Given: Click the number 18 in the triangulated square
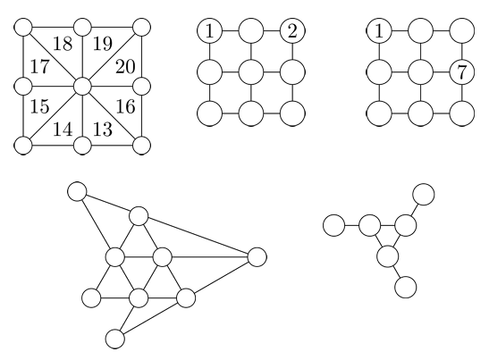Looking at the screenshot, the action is [63, 44].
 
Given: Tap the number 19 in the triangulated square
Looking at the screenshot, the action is [103, 44].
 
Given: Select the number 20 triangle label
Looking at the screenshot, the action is [125, 67].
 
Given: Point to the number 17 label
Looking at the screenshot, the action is [40, 67].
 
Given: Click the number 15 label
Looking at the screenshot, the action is [40, 106].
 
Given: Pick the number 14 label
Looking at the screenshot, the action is [63, 130].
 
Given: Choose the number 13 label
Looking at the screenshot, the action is [103, 130].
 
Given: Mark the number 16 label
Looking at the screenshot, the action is [126, 106].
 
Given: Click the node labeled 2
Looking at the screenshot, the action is [292, 31].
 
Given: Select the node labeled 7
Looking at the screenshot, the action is [462, 72].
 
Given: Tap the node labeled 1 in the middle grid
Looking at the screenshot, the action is [209, 31].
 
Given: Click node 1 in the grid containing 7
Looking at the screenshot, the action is [379, 31].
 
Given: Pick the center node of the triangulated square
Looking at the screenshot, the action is [82, 87].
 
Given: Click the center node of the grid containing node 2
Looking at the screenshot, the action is [251, 72].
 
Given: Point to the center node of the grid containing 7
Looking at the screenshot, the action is [421, 72].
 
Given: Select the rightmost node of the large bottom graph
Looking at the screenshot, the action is [257, 257].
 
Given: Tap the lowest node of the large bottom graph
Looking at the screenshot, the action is [115, 339].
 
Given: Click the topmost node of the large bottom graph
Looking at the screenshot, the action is [77, 192].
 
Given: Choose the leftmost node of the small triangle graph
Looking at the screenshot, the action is [334, 225].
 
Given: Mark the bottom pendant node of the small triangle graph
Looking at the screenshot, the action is [406, 287].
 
